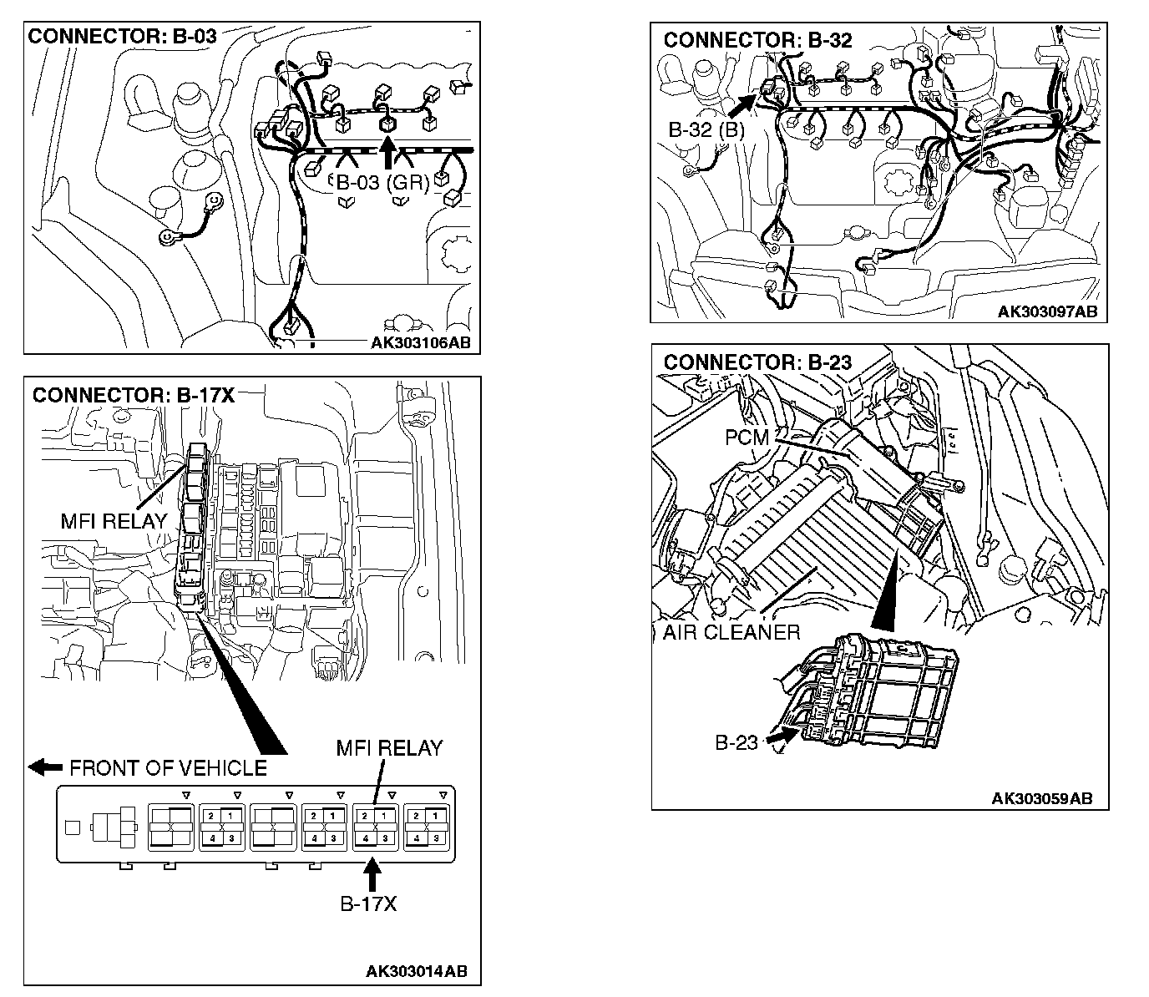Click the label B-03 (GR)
382,183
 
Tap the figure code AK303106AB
425,343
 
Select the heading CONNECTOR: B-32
757,40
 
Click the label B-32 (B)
706,129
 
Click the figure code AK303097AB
1047,312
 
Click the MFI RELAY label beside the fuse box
114,521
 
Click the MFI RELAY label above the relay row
389,748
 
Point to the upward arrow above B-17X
372,876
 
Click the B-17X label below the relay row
368,903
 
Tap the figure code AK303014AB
417,971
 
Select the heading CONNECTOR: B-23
757,362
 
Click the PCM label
747,437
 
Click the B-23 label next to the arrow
736,742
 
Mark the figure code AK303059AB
1041,798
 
